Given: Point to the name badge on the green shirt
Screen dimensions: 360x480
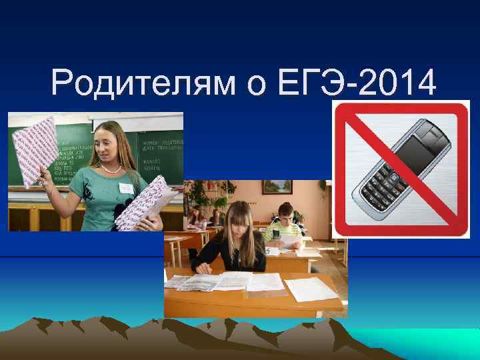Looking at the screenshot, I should (x=127, y=189).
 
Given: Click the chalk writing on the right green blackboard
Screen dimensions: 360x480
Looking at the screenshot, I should (x=160, y=150).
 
